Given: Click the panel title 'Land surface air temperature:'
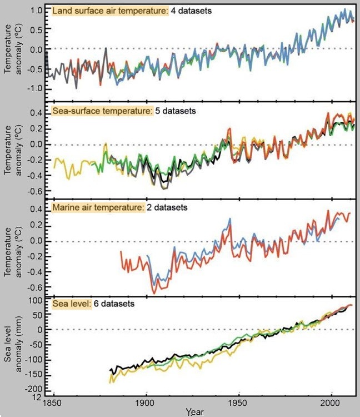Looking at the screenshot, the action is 110,11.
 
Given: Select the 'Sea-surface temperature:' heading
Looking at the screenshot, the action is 103,111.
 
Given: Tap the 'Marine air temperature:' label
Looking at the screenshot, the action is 98,207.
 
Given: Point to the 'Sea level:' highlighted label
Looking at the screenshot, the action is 72,304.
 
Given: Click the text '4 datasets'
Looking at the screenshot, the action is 191,11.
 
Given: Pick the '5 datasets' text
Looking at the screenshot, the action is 176,111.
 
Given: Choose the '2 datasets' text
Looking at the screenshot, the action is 167,207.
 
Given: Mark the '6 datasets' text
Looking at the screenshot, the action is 114,304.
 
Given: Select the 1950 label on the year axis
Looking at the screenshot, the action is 239,403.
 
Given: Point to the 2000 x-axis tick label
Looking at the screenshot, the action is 332,403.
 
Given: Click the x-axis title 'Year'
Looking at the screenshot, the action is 195,411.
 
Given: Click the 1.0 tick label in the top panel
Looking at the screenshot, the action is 36,11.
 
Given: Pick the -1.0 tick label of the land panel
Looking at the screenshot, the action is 34,88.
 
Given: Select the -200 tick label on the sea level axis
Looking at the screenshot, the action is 34,389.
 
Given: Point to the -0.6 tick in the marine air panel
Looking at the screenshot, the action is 34,287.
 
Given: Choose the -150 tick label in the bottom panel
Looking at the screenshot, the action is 34,375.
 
